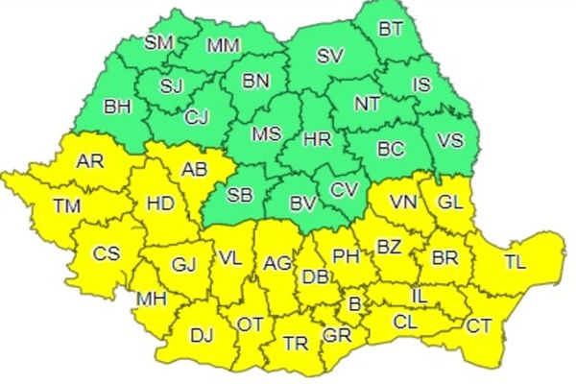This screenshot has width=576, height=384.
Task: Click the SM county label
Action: [158, 42]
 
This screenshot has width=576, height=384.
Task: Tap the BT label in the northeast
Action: [391, 28]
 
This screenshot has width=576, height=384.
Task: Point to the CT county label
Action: [479, 325]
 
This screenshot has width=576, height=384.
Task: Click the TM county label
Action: [66, 205]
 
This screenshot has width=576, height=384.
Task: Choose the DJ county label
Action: [203, 334]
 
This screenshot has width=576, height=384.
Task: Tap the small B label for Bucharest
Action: [354, 304]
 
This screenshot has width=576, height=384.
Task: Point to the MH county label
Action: [151, 299]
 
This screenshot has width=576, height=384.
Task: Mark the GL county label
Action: [450, 202]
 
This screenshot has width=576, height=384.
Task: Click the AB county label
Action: [195, 169]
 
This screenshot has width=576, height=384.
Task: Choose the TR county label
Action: [295, 343]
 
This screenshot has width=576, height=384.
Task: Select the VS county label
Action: [450, 141]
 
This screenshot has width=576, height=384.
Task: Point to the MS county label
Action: [267, 134]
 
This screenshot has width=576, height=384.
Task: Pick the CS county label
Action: [106, 253]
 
